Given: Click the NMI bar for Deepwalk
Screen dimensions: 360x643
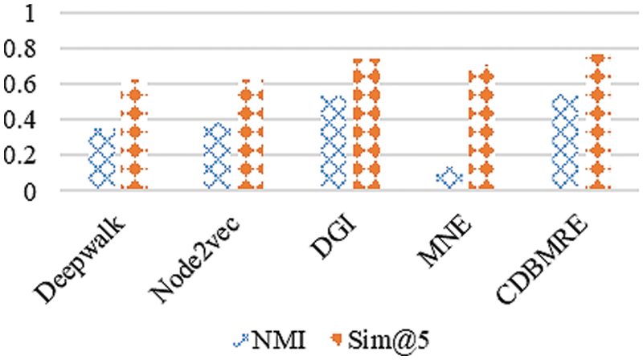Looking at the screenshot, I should [x=102, y=158].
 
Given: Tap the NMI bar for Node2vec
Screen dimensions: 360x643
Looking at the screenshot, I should [x=218, y=157].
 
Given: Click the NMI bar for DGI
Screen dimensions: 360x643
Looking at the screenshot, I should [x=333, y=143].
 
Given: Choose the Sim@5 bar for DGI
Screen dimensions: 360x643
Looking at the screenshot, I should [x=366, y=124].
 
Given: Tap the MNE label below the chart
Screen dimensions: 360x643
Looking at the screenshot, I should [x=444, y=235].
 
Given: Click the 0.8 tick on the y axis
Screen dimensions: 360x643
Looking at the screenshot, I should [x=21, y=50].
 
